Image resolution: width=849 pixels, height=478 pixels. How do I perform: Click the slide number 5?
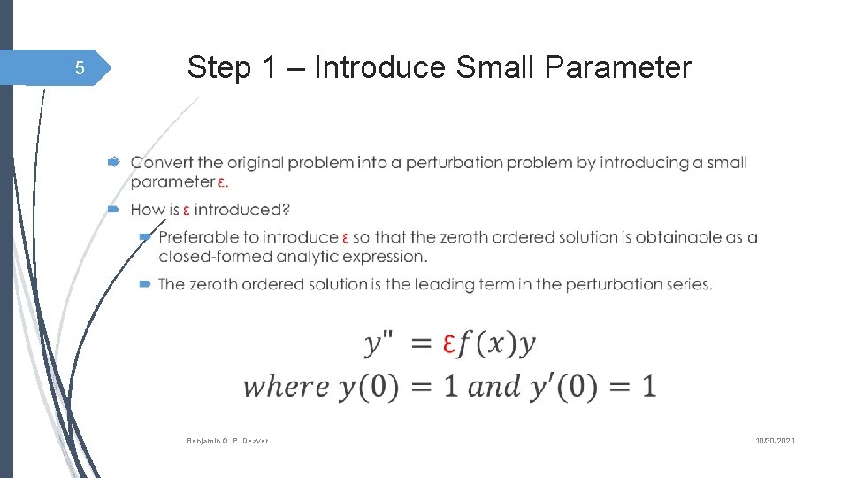[79, 68]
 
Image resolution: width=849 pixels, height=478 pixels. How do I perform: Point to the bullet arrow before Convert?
[113, 163]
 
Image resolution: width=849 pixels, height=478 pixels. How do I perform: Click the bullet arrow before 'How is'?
[113, 210]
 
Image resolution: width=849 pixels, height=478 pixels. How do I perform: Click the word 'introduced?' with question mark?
[242, 210]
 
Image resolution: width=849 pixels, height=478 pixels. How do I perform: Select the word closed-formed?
[215, 257]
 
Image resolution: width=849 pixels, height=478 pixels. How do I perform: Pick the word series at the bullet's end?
[689, 284]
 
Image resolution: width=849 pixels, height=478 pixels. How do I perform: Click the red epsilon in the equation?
[449, 343]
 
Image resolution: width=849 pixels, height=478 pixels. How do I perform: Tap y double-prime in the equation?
[379, 343]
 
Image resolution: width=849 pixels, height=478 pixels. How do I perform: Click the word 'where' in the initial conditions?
[286, 387]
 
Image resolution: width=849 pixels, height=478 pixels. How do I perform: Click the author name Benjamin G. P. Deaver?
[227, 441]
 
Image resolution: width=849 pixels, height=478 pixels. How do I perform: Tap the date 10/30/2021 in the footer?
[775, 441]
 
